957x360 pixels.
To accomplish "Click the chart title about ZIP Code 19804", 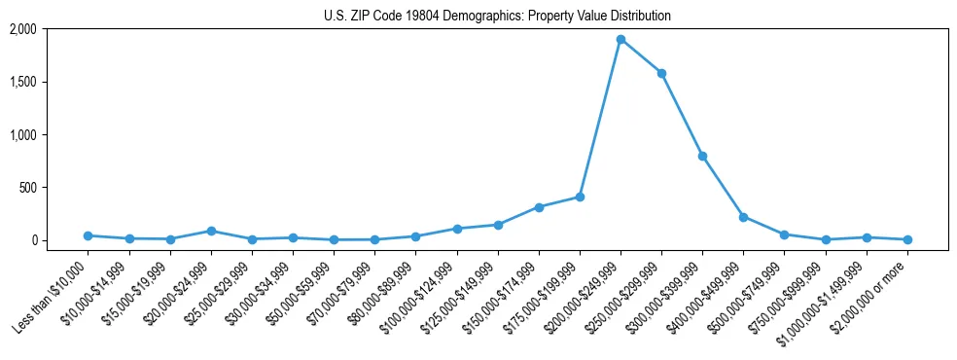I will tap(497, 16).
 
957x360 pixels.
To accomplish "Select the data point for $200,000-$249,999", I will tap(620, 40).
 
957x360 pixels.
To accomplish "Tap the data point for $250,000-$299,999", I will tap(661, 73).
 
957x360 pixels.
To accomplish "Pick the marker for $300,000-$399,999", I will tap(702, 156).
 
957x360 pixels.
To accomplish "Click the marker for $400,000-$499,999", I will tap(743, 217).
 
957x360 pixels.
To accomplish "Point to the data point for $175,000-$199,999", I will tap(580, 197).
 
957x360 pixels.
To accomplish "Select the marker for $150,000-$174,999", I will tap(539, 207).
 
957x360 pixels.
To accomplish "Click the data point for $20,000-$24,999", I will tap(211, 231).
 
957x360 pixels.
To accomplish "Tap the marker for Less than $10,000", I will tap(89, 235).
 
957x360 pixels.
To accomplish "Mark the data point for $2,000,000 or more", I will tap(907, 239).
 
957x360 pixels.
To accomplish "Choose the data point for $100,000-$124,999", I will tap(457, 229).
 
